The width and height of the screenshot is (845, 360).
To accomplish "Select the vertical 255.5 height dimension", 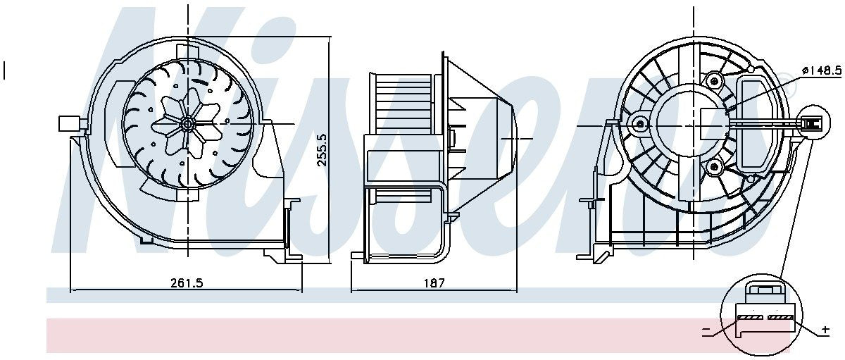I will tap(322, 149).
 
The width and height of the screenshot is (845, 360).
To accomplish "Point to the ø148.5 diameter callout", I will tap(822, 70).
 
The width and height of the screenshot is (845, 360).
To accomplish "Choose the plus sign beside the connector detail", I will tap(825, 330).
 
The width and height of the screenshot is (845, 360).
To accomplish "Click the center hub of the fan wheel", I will tap(187, 124).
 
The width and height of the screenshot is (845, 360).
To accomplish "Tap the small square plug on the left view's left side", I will tap(68, 124).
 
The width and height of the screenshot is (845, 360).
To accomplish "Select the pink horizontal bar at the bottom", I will tap(380, 335).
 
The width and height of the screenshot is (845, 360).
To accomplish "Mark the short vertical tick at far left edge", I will tap(4, 70).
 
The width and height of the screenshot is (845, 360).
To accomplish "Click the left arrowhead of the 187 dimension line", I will tap(353, 290).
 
